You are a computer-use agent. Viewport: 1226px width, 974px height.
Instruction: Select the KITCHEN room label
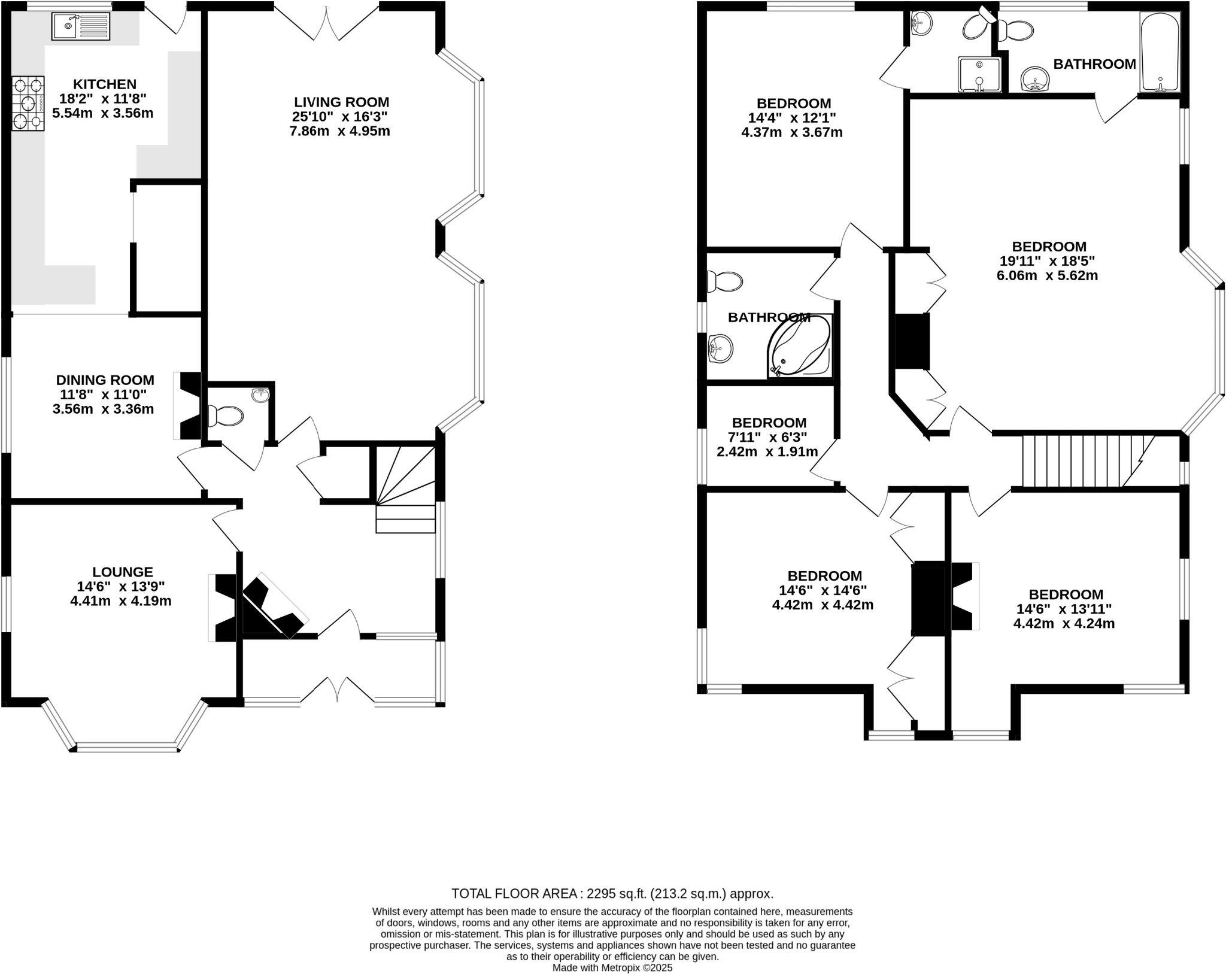(105, 84)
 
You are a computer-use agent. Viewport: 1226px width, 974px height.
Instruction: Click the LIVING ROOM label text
(341, 102)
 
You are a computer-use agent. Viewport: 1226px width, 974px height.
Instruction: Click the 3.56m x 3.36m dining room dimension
(103, 409)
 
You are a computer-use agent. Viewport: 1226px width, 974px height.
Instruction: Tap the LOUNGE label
(123, 572)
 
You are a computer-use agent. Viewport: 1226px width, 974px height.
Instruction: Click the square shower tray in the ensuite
(979, 75)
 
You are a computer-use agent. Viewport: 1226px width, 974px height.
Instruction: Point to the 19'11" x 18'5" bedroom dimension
(1049, 261)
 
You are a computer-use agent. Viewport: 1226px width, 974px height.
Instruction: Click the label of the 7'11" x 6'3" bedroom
(769, 423)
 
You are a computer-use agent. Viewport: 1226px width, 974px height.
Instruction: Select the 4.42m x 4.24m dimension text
(1064, 623)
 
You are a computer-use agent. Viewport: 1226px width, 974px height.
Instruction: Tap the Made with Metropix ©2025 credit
(612, 967)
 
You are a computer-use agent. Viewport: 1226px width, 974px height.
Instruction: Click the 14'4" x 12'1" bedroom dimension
(792, 118)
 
